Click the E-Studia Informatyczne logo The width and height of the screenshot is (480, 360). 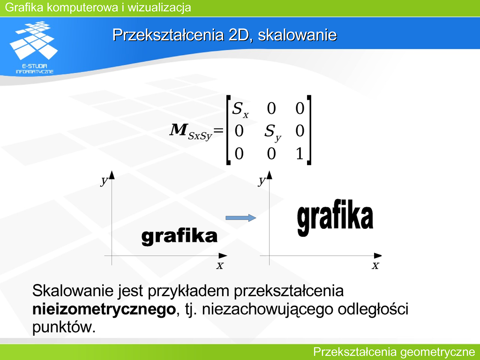[x=34, y=47]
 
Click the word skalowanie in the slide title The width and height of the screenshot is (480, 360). [x=297, y=35]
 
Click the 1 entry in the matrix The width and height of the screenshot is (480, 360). [x=300, y=153]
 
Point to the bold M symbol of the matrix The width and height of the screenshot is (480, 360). [x=178, y=129]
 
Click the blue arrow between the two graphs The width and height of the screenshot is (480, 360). [x=240, y=217]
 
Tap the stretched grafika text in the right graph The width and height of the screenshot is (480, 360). [x=335, y=217]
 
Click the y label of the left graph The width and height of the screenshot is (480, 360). [x=105, y=181]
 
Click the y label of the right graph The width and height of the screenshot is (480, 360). [x=262, y=181]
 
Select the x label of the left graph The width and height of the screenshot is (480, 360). [x=220, y=265]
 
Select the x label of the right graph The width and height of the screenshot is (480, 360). [x=375, y=265]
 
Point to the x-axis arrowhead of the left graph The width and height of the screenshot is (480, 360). [x=223, y=255]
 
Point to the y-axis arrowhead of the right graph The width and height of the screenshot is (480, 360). [x=270, y=175]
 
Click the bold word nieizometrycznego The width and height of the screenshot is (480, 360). [x=104, y=309]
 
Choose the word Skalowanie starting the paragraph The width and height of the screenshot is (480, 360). [x=73, y=291]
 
